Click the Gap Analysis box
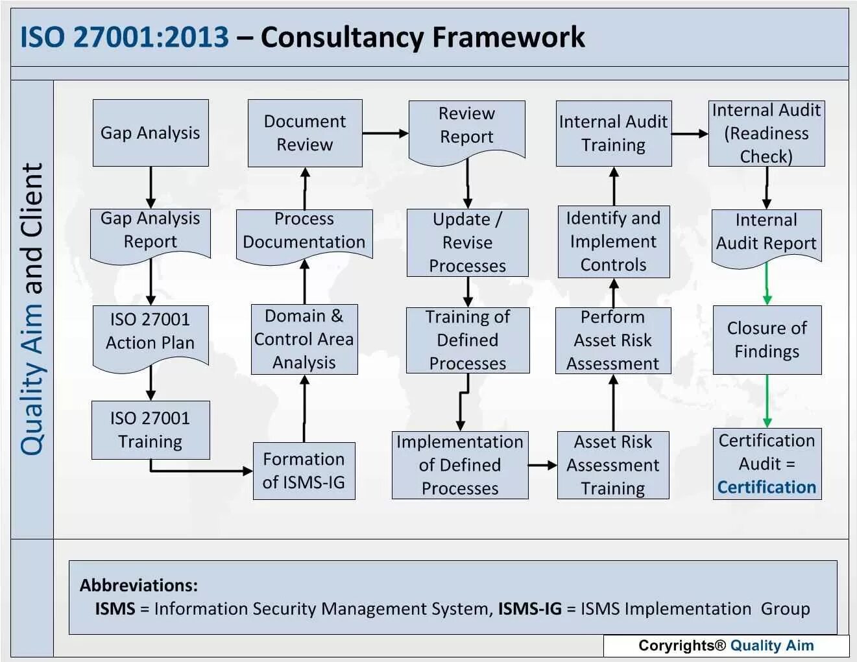[x=151, y=132]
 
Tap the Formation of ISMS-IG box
[x=304, y=471]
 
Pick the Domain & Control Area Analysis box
[x=304, y=339]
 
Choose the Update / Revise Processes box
[x=467, y=242]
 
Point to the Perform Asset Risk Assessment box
[x=613, y=340]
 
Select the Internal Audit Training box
[x=614, y=133]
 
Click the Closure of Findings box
[x=767, y=340]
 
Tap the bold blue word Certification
[x=767, y=487]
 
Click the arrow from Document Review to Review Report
[x=385, y=134]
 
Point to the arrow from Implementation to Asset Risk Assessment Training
[x=543, y=465]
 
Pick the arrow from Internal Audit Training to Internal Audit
[x=690, y=134]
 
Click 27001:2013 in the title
[x=151, y=38]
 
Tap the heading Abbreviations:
[x=139, y=585]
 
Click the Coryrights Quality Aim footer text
[x=726, y=645]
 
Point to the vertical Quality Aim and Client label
[x=32, y=309]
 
